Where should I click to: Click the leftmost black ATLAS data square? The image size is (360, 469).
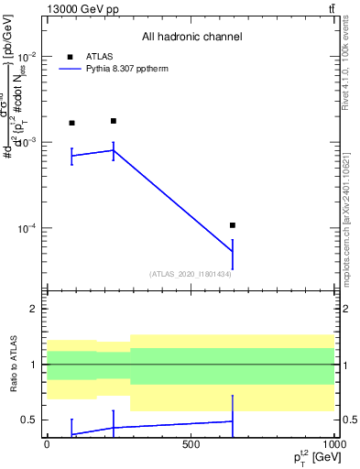pos(71,123)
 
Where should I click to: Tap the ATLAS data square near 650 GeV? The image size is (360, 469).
pos(233,225)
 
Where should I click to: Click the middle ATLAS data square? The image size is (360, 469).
pos(114,121)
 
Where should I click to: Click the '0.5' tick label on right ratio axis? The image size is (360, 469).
pos(348,420)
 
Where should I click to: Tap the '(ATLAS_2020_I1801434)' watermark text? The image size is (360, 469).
pos(190,274)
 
